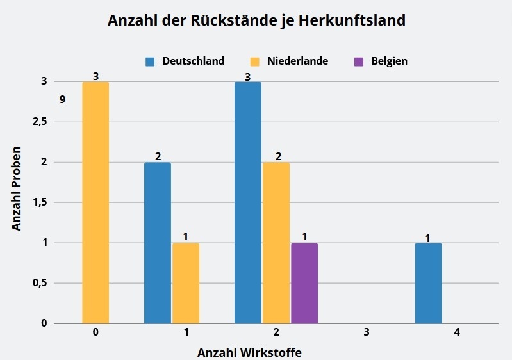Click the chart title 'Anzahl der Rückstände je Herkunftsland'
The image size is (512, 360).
tap(256, 20)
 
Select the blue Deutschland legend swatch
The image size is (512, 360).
tap(151, 61)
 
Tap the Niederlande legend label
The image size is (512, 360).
tap(298, 61)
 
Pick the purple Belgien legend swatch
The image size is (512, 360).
tap(359, 61)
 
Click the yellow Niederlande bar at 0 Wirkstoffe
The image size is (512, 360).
tap(95, 202)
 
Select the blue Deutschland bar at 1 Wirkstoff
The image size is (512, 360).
tap(158, 243)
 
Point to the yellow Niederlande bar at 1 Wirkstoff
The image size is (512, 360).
tap(185, 283)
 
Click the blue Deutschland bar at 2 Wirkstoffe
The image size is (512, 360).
tap(248, 202)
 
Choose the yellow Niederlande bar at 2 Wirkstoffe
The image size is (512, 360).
tap(276, 243)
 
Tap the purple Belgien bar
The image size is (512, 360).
tap(304, 283)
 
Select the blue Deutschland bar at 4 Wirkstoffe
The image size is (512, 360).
tap(428, 283)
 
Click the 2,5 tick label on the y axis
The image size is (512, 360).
tap(40, 122)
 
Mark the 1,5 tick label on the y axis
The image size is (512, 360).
tap(40, 202)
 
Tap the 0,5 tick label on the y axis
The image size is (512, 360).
tap(40, 283)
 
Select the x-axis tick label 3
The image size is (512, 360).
tap(367, 333)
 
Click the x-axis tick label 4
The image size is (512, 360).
tap(457, 333)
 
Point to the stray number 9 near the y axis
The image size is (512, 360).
tap(62, 99)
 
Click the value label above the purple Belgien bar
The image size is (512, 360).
tap(305, 236)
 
